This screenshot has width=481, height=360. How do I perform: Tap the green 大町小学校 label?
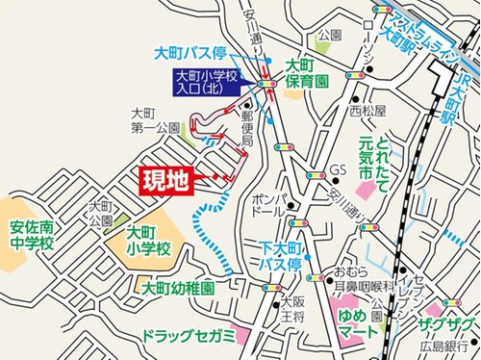pyautogui.click(x=149, y=240)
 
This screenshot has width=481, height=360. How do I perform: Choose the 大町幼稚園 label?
pyautogui.click(x=178, y=287)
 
